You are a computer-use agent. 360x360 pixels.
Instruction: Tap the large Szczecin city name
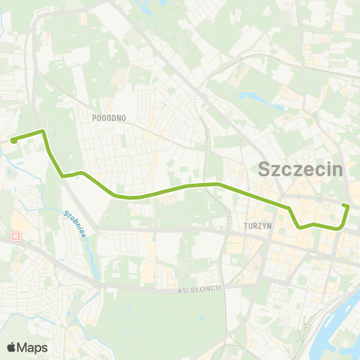[x=300, y=169]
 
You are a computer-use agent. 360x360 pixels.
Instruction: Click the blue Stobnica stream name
[x=79, y=223]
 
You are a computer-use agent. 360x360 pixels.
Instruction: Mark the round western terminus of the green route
[x=13, y=139]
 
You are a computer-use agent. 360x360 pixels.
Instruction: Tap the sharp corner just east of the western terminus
[x=43, y=131]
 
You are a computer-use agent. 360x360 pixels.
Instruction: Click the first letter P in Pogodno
[x=94, y=118]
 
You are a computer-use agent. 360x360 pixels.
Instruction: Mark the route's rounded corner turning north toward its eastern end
[x=342, y=228]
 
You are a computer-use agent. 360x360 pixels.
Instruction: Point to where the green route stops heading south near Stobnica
[x=63, y=176]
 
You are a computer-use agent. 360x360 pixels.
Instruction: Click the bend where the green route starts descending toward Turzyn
[x=217, y=184]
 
